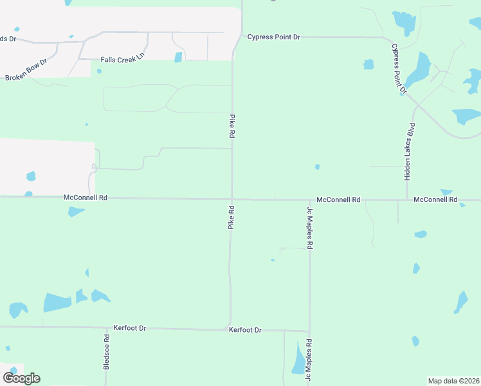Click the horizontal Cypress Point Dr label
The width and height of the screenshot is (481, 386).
click(273, 37)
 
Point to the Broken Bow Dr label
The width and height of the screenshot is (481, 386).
click(26, 70)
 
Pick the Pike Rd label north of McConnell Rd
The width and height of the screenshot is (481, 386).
click(231, 127)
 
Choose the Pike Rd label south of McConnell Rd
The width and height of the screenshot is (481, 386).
click(230, 217)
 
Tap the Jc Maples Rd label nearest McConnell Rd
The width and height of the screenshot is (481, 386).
click(309, 228)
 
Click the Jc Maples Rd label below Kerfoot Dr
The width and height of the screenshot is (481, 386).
click(309, 357)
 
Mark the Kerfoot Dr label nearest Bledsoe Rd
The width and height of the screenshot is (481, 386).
click(129, 328)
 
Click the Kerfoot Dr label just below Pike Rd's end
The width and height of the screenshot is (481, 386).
click(245, 330)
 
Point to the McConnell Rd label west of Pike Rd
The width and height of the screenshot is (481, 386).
click(85, 198)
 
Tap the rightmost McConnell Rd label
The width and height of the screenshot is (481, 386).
click(435, 200)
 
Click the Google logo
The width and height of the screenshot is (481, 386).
click(21, 378)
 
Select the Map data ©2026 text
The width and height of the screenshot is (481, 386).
click(453, 381)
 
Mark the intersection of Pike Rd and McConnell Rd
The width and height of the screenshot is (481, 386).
click(231, 199)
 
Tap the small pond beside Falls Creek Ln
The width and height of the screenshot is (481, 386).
click(178, 57)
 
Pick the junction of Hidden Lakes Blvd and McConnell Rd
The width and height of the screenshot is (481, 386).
click(406, 199)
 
